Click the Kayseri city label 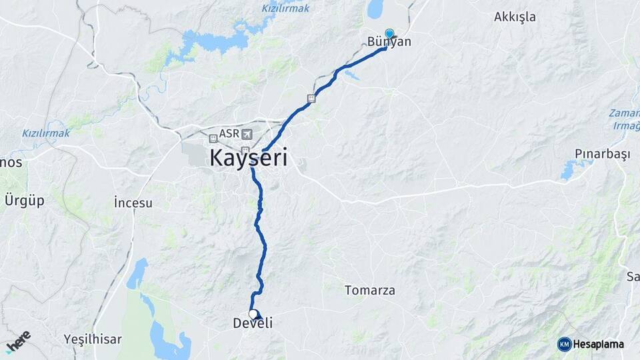[249, 159]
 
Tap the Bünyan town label [389, 42]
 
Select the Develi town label [253, 323]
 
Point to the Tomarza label [370, 290]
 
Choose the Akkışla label [515, 17]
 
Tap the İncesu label [133, 202]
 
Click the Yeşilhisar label [93, 339]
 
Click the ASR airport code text [229, 134]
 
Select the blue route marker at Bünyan [389, 33]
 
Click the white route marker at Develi [253, 313]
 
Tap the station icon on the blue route [311, 99]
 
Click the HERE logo [18, 341]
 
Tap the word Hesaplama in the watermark [598, 344]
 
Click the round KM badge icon [565, 344]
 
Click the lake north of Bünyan [375, 9]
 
